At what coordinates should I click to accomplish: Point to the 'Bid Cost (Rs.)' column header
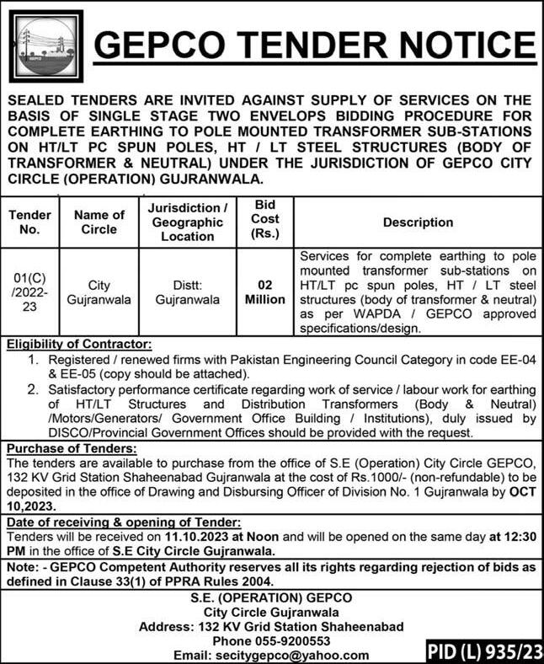click(x=261, y=222)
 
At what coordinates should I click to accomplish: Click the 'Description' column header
click(x=418, y=222)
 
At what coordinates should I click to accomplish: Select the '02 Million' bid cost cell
click(x=261, y=292)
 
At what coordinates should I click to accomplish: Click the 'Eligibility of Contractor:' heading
click(x=81, y=344)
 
